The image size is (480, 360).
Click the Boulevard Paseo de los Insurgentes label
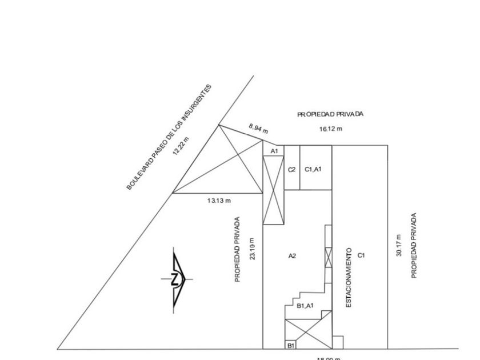pyautogui.click(x=169, y=137)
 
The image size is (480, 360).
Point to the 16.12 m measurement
pyautogui.click(x=331, y=129)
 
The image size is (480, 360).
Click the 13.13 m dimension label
pyautogui.click(x=219, y=200)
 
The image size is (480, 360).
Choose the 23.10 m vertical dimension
pyautogui.click(x=253, y=249)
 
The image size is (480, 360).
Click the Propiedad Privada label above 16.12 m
pyautogui.click(x=330, y=114)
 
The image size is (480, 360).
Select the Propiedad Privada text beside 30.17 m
pyautogui.click(x=414, y=246)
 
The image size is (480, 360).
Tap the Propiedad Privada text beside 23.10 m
pyautogui.click(x=238, y=249)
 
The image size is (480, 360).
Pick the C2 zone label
pyautogui.click(x=291, y=170)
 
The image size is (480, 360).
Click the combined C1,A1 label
pyautogui.click(x=314, y=169)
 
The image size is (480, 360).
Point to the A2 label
pyautogui.click(x=292, y=256)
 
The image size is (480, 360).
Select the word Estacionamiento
pyautogui.click(x=349, y=278)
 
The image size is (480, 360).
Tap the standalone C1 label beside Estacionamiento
pyautogui.click(x=361, y=255)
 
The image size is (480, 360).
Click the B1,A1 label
pyautogui.click(x=305, y=306)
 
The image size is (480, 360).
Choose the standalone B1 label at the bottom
pyautogui.click(x=291, y=345)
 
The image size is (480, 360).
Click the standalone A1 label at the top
pyautogui.click(x=274, y=151)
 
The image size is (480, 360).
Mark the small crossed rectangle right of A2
pyautogui.click(x=328, y=258)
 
